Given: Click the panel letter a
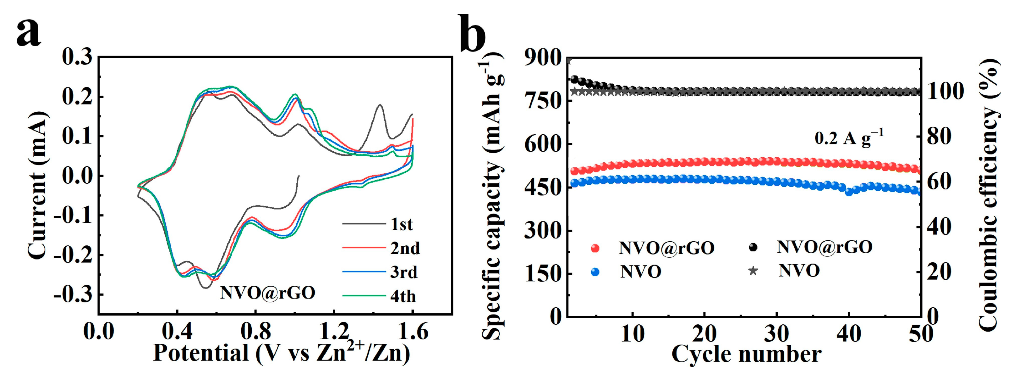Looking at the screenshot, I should point(29,32).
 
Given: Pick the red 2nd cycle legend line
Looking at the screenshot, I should point(364,248).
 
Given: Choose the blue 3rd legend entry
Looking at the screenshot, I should point(364,272).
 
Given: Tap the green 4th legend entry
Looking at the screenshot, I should point(364,296).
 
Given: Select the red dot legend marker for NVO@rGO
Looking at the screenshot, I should point(595,248).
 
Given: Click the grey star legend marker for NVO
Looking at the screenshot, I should point(753,271).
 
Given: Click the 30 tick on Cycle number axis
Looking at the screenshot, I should point(776,333).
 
